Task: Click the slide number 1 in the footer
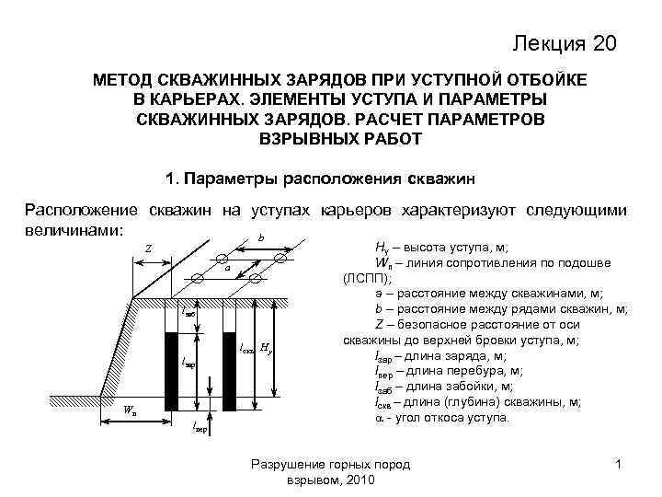(x=619, y=467)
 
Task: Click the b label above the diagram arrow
(x=261, y=237)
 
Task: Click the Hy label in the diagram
(x=265, y=348)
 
